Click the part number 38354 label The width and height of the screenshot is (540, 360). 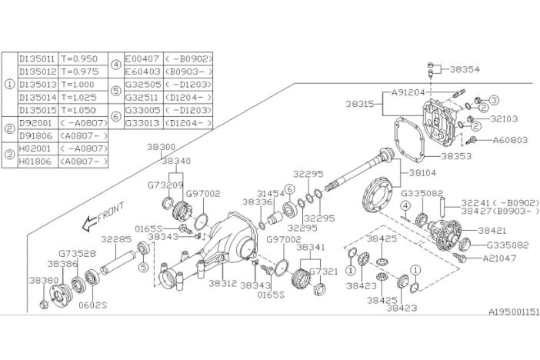tap(465, 69)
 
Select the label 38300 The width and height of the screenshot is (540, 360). tap(162, 146)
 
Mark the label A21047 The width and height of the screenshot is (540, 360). tap(500, 258)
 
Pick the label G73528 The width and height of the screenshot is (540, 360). tap(77, 252)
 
